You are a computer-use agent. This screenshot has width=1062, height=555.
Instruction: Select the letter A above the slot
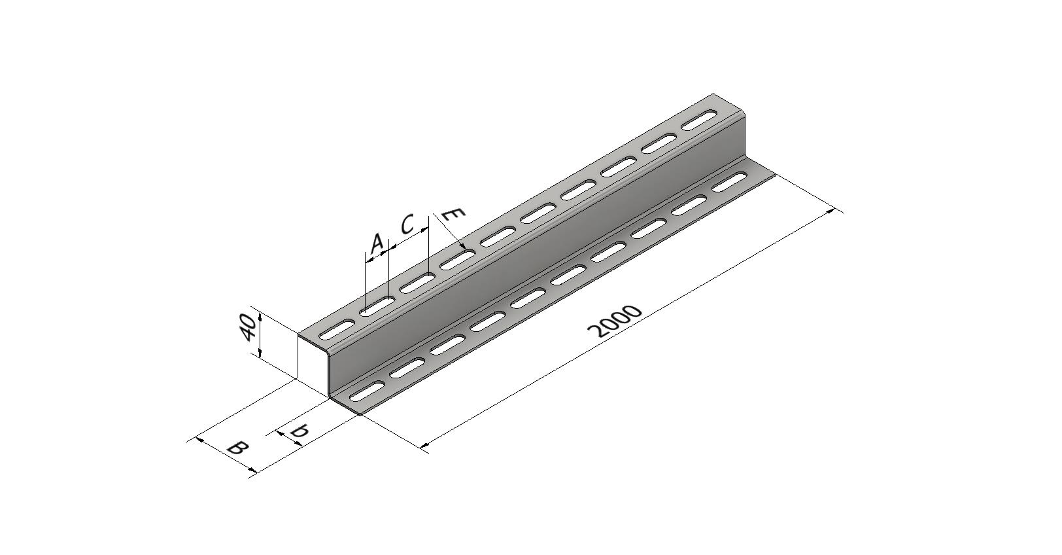point(377,243)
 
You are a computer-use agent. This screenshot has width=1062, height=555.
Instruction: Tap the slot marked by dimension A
point(377,306)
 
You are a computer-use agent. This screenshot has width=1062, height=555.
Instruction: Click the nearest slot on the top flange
point(337,329)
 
